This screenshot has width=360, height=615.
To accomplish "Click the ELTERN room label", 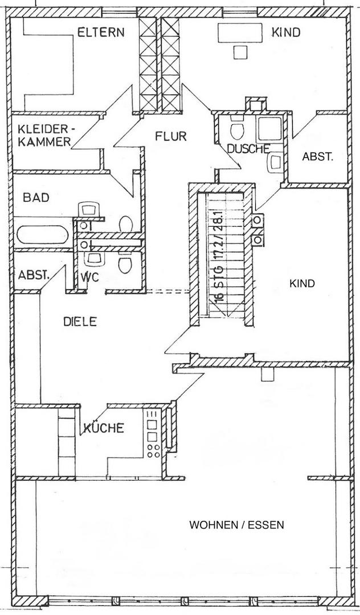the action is (101, 32).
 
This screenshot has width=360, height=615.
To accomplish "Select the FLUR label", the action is (170, 137).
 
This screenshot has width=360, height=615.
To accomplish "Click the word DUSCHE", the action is (248, 149).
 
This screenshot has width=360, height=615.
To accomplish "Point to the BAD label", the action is (36, 197).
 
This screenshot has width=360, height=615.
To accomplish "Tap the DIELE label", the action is (80, 322).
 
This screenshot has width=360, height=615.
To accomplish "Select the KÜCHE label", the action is (103, 428).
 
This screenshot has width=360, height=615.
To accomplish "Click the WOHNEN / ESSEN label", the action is (236, 525).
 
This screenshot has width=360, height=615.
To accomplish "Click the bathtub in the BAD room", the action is (42, 236).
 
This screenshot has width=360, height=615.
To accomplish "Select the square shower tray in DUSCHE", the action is (269, 130).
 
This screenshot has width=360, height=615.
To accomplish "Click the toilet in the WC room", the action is (125, 263).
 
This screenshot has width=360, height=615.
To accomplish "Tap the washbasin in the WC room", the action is (95, 259).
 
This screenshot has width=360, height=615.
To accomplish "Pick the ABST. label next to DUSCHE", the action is (317, 157).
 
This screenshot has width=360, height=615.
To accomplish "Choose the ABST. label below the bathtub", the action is (34, 275).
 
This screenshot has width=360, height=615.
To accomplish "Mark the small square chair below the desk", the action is (240, 52).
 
